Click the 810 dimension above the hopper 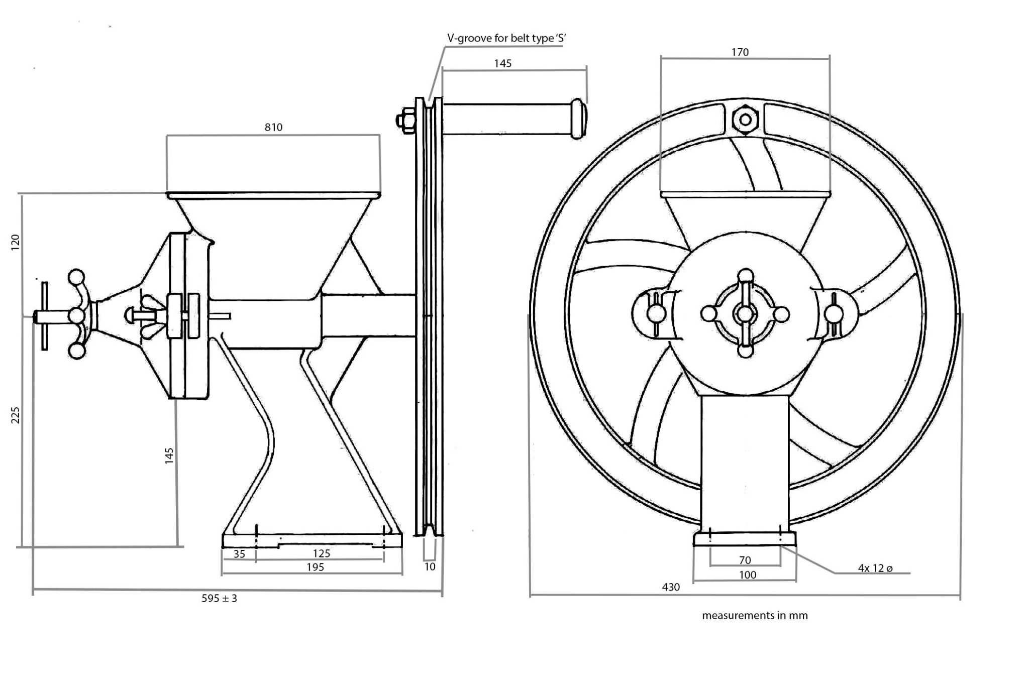click(273, 127)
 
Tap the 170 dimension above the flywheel click(740, 52)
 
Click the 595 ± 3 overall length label click(219, 598)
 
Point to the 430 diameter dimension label click(671, 587)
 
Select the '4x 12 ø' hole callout click(875, 568)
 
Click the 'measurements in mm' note click(755, 615)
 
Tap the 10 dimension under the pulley click(430, 566)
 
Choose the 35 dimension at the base click(239, 553)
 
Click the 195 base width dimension click(315, 567)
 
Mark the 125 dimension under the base click(321, 553)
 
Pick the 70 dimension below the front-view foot click(745, 559)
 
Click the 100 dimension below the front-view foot click(747, 575)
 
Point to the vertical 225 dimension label click(16, 415)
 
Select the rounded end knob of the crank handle click(580, 118)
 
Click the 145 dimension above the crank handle click(502, 63)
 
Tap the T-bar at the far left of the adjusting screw click(45, 316)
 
